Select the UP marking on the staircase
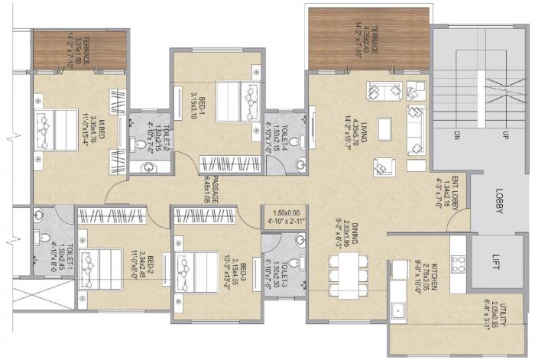pos(505,136)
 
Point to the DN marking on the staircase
pos(456,136)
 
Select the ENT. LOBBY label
pos(454,191)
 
